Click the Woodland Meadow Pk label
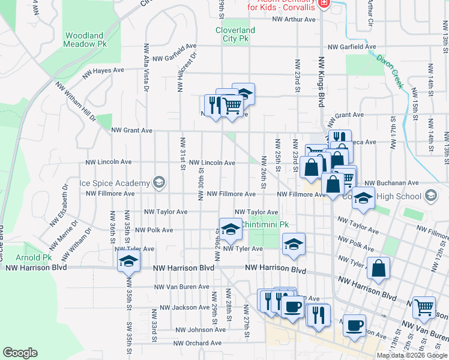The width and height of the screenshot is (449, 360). pyautogui.click(x=85, y=40)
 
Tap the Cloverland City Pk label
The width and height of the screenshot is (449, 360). pyautogui.click(x=235, y=34)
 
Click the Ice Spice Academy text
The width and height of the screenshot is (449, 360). pyautogui.click(x=114, y=183)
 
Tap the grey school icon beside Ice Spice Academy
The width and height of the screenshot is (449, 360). pyautogui.click(x=159, y=182)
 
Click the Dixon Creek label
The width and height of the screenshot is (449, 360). pyautogui.click(x=390, y=71)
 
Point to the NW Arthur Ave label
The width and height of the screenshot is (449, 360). pyautogui.click(x=294, y=19)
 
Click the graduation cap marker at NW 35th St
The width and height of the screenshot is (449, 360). pyautogui.click(x=128, y=262)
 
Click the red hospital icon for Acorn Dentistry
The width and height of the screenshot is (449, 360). pyautogui.click(x=324, y=3)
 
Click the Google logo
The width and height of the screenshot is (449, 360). pyautogui.click(x=20, y=353)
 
